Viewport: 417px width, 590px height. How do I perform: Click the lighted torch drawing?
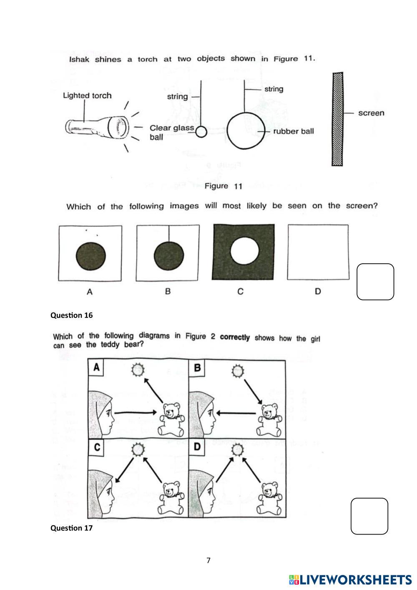point(97,126)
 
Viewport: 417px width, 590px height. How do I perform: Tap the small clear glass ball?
point(201,132)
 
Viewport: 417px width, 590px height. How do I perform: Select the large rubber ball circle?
point(246,131)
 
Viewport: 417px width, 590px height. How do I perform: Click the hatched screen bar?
point(337,119)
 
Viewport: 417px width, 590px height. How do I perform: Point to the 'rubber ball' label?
point(293,131)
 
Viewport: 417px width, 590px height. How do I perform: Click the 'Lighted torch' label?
point(87,96)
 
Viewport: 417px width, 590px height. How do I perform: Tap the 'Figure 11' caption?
point(223,186)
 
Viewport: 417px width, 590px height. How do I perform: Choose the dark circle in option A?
point(90,255)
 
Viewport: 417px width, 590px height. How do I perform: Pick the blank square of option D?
point(318,252)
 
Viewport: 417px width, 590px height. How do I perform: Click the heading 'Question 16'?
point(72,315)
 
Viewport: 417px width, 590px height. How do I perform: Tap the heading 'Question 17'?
point(72,528)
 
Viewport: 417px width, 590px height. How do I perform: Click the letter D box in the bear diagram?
point(197,447)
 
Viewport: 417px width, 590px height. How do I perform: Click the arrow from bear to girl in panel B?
point(236,414)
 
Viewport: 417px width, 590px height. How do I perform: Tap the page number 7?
point(208,560)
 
